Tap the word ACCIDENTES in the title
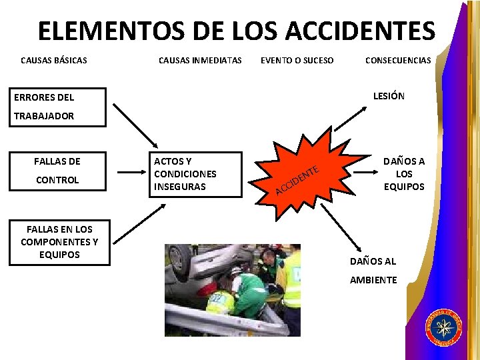(x=361, y=31)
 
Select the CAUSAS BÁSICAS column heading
(x=54, y=61)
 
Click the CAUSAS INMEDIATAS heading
(x=200, y=61)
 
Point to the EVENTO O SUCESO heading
(x=297, y=61)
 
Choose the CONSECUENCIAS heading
(x=398, y=61)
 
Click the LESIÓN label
(x=389, y=96)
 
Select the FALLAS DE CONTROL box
(x=57, y=170)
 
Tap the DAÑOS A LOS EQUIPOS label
(x=403, y=174)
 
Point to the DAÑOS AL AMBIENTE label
(x=373, y=270)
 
